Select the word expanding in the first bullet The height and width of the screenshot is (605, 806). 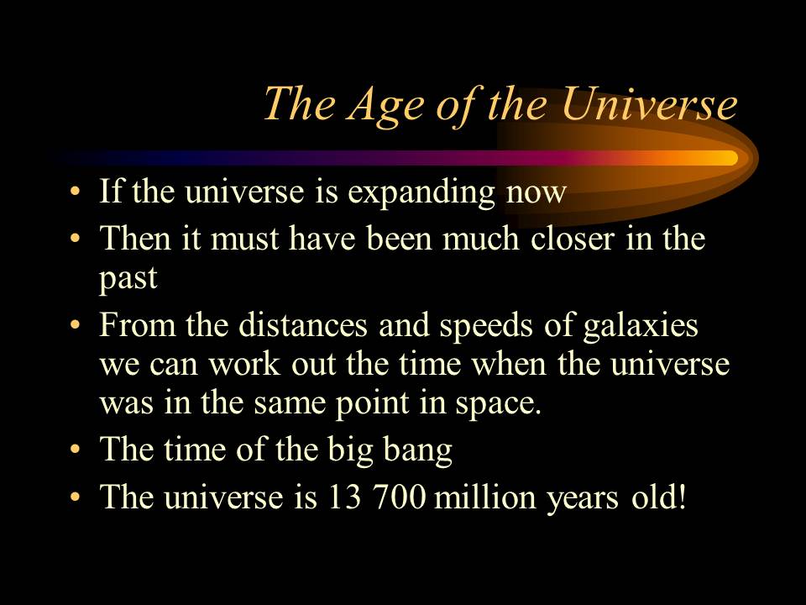421,193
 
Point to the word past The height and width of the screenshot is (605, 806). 128,279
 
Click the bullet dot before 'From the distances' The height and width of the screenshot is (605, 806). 76,325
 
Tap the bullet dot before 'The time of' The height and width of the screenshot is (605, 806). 76,450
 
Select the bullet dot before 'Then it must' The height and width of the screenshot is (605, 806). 76,239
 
